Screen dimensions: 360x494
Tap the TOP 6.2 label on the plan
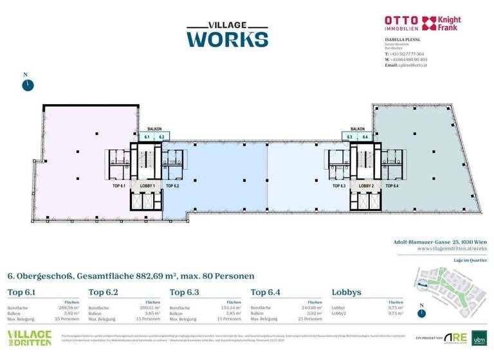[x=172, y=185]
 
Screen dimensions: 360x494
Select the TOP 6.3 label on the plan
[x=339, y=185]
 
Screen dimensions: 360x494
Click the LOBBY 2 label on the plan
[x=365, y=185]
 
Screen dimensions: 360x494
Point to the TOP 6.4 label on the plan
[x=391, y=185]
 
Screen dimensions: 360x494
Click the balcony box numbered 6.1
[x=147, y=137]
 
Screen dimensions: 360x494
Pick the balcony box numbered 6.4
[x=365, y=137]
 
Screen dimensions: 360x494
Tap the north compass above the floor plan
[x=28, y=84]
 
